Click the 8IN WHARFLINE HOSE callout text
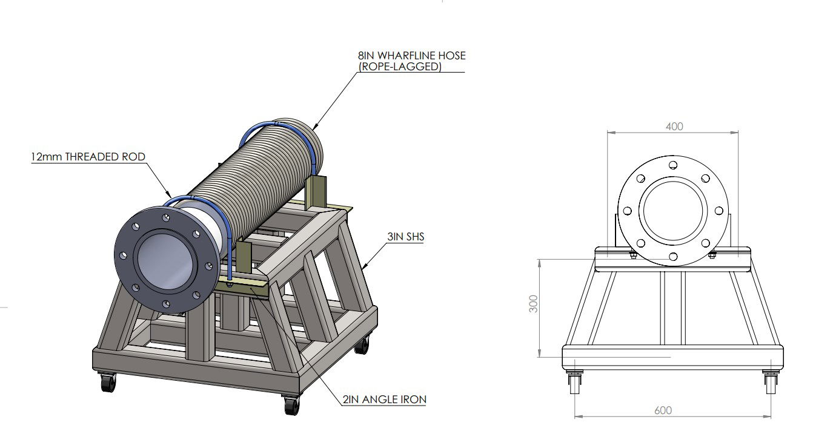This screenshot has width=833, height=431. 411,56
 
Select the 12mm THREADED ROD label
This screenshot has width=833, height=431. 88,157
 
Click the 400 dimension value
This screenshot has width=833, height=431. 674,127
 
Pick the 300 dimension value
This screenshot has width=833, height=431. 533,304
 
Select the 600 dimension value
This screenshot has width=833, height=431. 663,410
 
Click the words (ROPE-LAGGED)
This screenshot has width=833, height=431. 399,67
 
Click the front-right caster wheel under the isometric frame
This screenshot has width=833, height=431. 291,404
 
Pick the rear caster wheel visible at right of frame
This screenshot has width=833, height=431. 362,346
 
